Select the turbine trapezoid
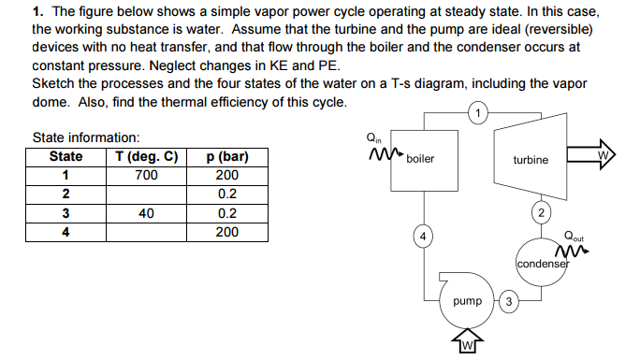pyautogui.click(x=531, y=160)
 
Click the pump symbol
pyautogui.click(x=467, y=301)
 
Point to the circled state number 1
pyautogui.click(x=479, y=115)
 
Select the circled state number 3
pyautogui.click(x=507, y=302)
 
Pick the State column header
pyautogui.click(x=65, y=156)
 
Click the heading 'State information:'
pyautogui.click(x=86, y=137)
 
